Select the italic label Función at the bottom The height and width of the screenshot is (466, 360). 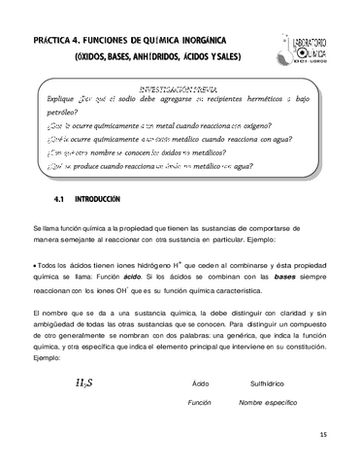coord(200,402)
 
